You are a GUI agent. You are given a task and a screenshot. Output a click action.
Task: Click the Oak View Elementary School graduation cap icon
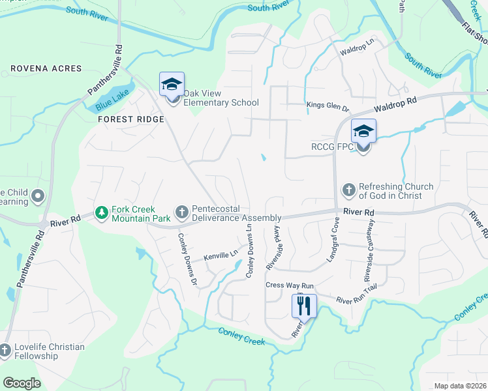coord(172,84)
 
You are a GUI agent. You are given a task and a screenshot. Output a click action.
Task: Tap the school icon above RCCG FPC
coord(363,132)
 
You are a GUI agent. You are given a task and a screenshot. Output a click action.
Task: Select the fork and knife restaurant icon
coord(304,305)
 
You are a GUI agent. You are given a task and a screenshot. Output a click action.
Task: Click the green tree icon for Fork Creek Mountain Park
coord(101,212)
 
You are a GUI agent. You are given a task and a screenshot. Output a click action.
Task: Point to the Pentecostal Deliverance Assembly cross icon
coord(182,212)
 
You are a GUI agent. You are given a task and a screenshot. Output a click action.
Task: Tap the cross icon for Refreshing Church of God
coord(348,191)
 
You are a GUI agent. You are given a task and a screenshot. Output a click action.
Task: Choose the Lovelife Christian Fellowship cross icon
coord(5,351)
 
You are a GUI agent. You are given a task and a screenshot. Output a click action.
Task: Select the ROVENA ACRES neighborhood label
coord(46,68)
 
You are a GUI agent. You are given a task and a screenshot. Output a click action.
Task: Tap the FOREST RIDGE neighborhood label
coord(130,120)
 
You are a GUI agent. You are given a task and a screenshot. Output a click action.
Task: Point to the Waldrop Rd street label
coord(395,104)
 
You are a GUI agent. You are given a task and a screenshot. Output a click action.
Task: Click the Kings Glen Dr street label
coord(328,105)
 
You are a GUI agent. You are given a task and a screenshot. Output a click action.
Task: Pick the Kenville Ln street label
coord(220,257)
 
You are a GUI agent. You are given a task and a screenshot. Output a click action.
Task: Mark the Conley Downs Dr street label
coord(187,260)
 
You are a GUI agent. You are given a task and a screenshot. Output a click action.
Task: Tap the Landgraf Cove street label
coord(333,243)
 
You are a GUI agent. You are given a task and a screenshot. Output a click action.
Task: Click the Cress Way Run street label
coord(290,285)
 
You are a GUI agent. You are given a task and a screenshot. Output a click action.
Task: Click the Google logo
coord(22,383)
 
